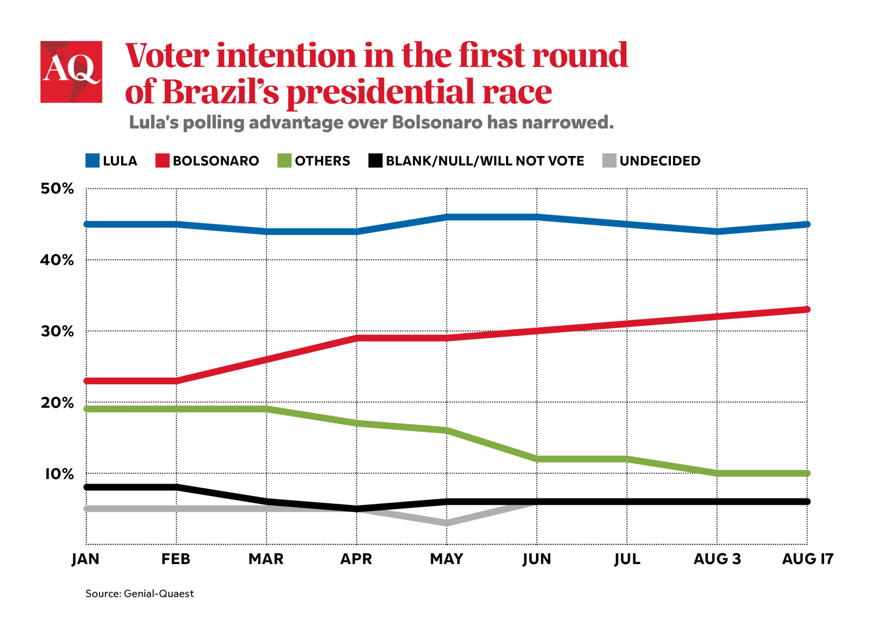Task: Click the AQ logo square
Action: [x=71, y=72]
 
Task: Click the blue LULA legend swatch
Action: [x=92, y=161]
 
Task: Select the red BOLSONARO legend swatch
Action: [x=162, y=161]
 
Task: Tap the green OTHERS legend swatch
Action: [x=284, y=161]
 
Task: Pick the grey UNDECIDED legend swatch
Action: [x=609, y=161]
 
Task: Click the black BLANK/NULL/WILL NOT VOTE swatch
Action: [x=375, y=161]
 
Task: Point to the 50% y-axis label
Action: [x=57, y=188]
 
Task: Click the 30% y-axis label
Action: [x=57, y=331]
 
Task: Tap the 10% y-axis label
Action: [x=59, y=474]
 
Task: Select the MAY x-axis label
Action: [x=446, y=559]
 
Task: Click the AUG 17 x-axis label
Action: [x=807, y=559]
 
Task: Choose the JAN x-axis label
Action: [x=85, y=559]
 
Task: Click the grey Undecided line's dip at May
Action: [x=446, y=523]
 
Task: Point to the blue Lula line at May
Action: [x=447, y=217]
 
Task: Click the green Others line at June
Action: [x=537, y=459]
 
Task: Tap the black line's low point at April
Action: [x=357, y=508]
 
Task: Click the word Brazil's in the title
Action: [x=221, y=91]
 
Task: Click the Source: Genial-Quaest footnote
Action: [x=140, y=594]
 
